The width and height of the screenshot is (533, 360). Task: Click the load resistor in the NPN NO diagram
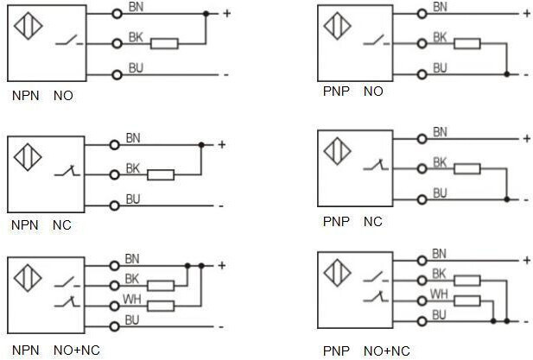pos(164,43)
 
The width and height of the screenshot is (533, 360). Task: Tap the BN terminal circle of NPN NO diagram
pos(117,14)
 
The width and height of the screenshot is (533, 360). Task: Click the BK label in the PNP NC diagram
pos(440,161)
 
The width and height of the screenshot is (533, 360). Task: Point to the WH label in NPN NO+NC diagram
pos(132,299)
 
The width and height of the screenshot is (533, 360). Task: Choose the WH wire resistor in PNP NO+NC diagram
pos(466,300)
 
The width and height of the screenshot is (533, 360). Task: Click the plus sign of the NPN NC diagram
pos(222,144)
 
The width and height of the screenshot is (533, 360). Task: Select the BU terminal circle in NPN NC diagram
pos(116,205)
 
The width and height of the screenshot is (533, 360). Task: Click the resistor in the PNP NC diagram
pos(467,169)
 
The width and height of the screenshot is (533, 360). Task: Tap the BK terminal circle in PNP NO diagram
pos(422,43)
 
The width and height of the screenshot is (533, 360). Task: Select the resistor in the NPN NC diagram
pos(161,175)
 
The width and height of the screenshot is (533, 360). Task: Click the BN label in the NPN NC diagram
pos(132,137)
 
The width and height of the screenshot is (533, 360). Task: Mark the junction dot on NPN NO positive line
pos(206,14)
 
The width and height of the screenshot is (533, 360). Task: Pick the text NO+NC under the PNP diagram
pos(388,351)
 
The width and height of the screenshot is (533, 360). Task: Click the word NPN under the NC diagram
pos(25,225)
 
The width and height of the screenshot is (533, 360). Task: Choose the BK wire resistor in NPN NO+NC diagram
pos(161,285)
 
